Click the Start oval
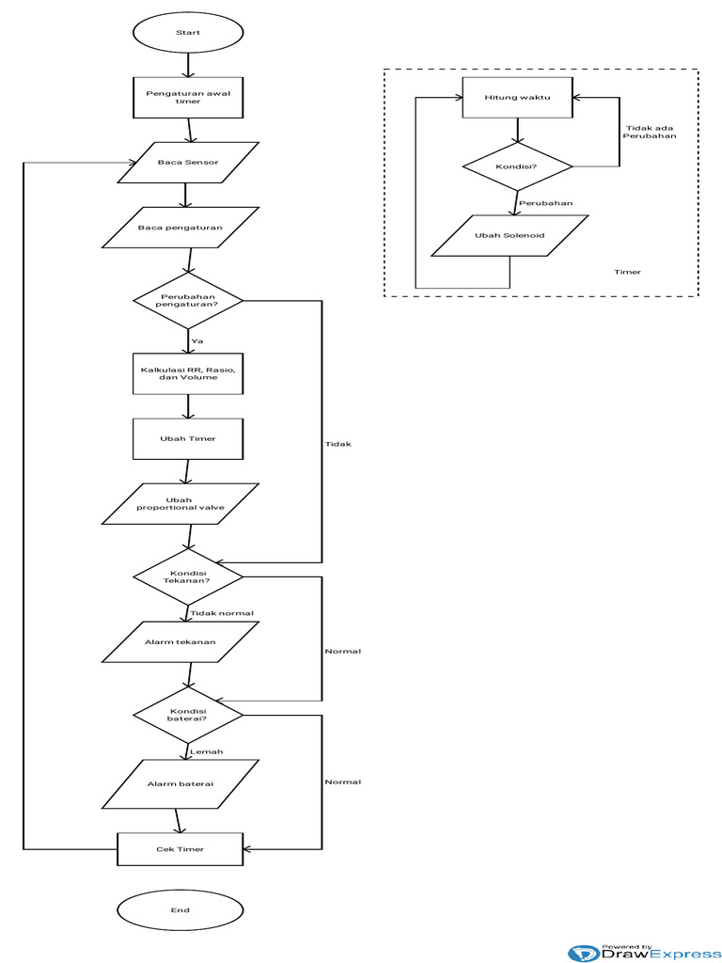[188, 33]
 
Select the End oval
[180, 909]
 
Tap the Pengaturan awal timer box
[188, 97]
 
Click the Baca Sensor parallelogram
[188, 162]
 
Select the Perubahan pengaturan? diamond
[188, 302]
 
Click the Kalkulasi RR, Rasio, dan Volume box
[188, 373]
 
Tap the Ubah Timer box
[188, 439]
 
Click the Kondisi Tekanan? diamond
[188, 576]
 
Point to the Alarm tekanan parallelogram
[180, 642]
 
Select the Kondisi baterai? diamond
[188, 716]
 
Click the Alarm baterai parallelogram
[180, 783]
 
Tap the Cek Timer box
[180, 849]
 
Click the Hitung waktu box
[517, 98]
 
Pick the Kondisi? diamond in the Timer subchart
[517, 166]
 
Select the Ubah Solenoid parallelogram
[510, 236]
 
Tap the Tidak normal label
[222, 613]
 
